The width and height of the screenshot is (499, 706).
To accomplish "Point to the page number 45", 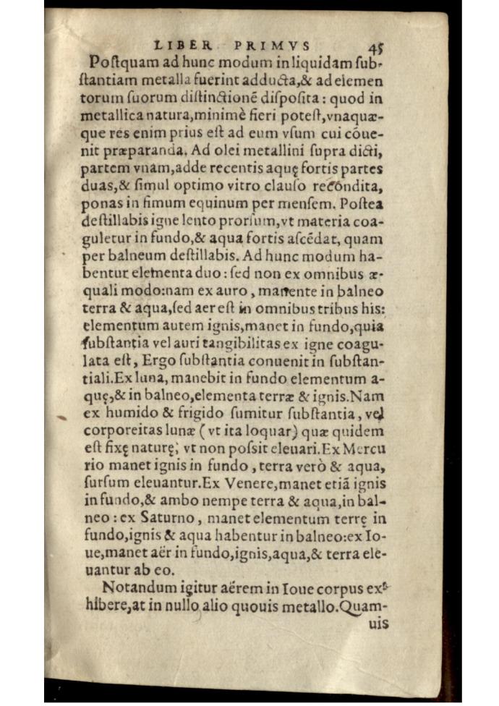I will click(x=375, y=48).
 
